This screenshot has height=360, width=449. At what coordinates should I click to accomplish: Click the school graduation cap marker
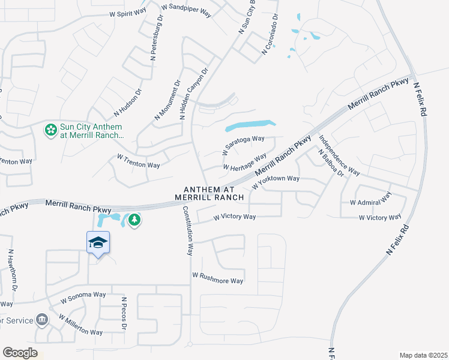[x=98, y=243]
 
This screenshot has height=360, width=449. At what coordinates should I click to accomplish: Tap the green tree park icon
[x=134, y=220]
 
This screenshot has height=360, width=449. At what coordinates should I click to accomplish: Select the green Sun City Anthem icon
[x=51, y=128]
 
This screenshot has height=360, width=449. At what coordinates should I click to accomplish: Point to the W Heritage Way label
[x=244, y=162]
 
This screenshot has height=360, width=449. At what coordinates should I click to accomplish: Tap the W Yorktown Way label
[x=276, y=179]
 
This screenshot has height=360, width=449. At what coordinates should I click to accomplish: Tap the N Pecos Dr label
[x=124, y=313]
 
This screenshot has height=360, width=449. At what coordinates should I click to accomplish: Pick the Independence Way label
[x=339, y=155]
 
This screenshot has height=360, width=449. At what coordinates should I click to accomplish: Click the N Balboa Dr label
[x=331, y=164]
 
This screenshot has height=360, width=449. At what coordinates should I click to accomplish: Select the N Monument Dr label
[x=167, y=100]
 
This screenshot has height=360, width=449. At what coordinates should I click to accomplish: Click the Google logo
[x=20, y=353]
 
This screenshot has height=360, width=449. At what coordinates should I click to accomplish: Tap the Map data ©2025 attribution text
[x=423, y=355]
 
